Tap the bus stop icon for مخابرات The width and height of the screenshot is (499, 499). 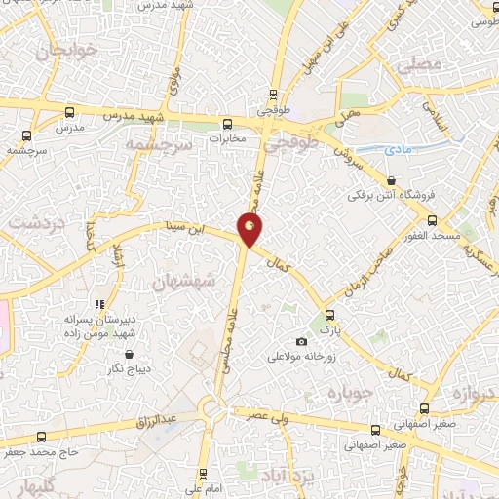pyautogui.click(x=227, y=124)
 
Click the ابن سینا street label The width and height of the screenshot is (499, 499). pyautogui.click(x=189, y=230)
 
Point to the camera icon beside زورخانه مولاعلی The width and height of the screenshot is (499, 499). pyautogui.click(x=301, y=342)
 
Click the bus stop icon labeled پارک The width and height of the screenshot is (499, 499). pyautogui.click(x=330, y=315)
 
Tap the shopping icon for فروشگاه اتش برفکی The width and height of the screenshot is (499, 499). pyautogui.click(x=391, y=180)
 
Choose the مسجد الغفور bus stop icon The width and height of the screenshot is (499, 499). pyautogui.click(x=433, y=220)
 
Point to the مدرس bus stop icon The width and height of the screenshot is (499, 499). pyautogui.click(x=67, y=111)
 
